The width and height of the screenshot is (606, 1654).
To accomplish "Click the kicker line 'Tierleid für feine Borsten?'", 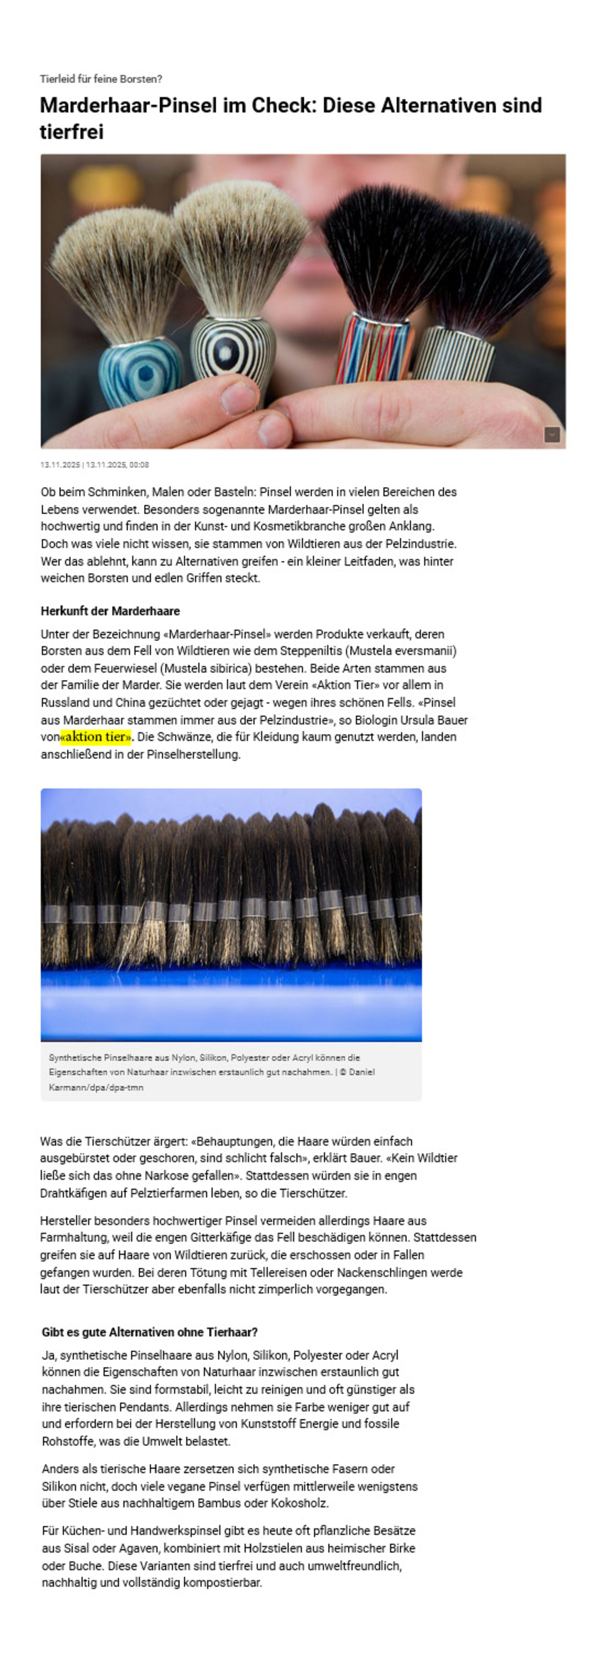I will pos(101,79).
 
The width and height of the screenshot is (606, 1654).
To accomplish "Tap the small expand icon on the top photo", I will pos(551,435).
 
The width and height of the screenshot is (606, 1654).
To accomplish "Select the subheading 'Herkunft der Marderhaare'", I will pos(110,611).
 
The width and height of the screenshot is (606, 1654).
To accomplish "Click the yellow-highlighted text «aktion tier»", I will pos(96,736).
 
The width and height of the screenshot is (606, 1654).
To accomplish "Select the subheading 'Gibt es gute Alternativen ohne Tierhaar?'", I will pos(150,1332).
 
